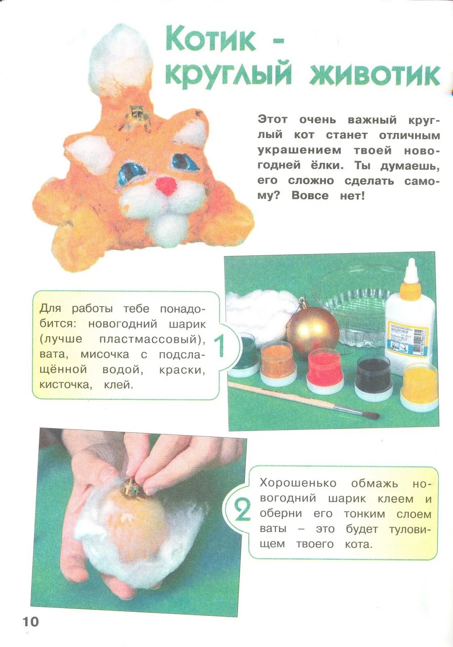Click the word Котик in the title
click(211, 40)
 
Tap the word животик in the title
click(375, 75)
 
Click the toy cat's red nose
click(166, 186)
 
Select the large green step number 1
click(219, 346)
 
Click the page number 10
click(31, 622)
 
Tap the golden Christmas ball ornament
click(313, 330)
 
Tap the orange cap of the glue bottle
click(411, 290)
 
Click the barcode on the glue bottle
click(421, 344)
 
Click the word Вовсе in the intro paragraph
click(310, 196)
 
